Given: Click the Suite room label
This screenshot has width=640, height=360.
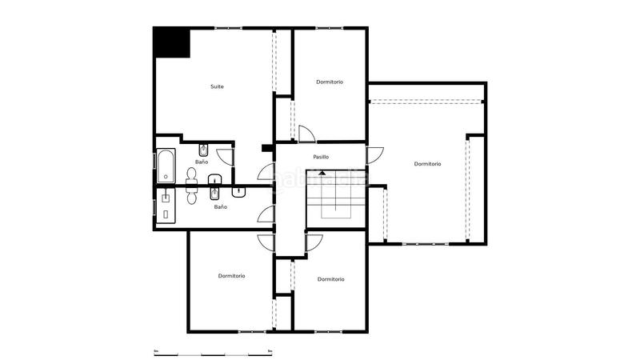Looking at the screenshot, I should coord(217,86).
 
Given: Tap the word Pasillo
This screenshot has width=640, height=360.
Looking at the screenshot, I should coord(321,157).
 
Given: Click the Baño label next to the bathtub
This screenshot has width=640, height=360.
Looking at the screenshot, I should coord(202,162).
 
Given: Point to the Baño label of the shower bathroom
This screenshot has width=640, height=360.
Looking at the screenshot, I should coord(220,207).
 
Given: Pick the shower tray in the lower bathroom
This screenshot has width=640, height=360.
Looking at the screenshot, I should coord(166,205).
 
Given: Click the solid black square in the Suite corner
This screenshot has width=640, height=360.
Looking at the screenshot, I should coord(170,42).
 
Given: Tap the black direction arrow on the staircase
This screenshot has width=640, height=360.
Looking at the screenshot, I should coord(322,172).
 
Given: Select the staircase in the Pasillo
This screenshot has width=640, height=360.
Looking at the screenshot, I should coord(335,195).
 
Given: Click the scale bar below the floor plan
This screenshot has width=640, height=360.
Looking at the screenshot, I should coord(213,352).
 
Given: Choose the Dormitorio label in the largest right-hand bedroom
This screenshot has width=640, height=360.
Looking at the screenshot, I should coord(427,164).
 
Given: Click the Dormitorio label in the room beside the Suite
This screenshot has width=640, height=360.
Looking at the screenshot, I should coord(330,82).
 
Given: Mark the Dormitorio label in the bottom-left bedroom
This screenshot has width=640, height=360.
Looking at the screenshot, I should coord(231,276).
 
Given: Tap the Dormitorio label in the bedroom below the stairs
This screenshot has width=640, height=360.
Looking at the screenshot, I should coord(330,279).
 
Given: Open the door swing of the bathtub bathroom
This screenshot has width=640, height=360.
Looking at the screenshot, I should coord(226,157).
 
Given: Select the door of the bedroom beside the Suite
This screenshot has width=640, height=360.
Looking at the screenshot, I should coord(305,134).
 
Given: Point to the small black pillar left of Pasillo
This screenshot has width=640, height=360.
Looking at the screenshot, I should coord(266,146).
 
